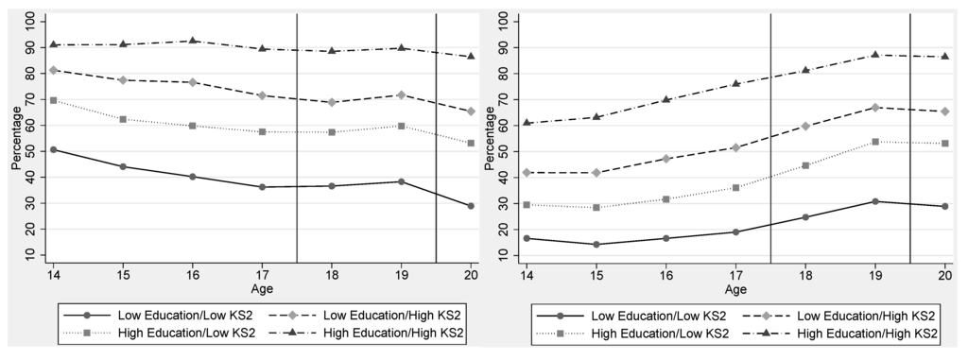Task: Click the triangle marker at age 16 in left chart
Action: coord(192,41)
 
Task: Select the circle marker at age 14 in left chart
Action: coord(53,149)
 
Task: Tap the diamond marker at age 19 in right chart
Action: coord(875,108)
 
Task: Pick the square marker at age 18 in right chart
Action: coord(805,165)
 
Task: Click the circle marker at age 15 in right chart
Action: coord(596,245)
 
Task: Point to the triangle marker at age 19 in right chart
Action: coord(875,55)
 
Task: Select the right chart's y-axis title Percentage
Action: coord(488,138)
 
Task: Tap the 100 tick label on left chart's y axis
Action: coord(31,20)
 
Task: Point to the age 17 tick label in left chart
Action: coord(262,274)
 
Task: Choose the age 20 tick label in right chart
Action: coord(944,274)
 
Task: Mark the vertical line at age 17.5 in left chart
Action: coord(297,142)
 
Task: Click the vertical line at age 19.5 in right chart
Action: coord(910,142)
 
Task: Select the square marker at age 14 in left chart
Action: coord(53,100)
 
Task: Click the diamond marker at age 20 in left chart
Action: coord(470,111)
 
